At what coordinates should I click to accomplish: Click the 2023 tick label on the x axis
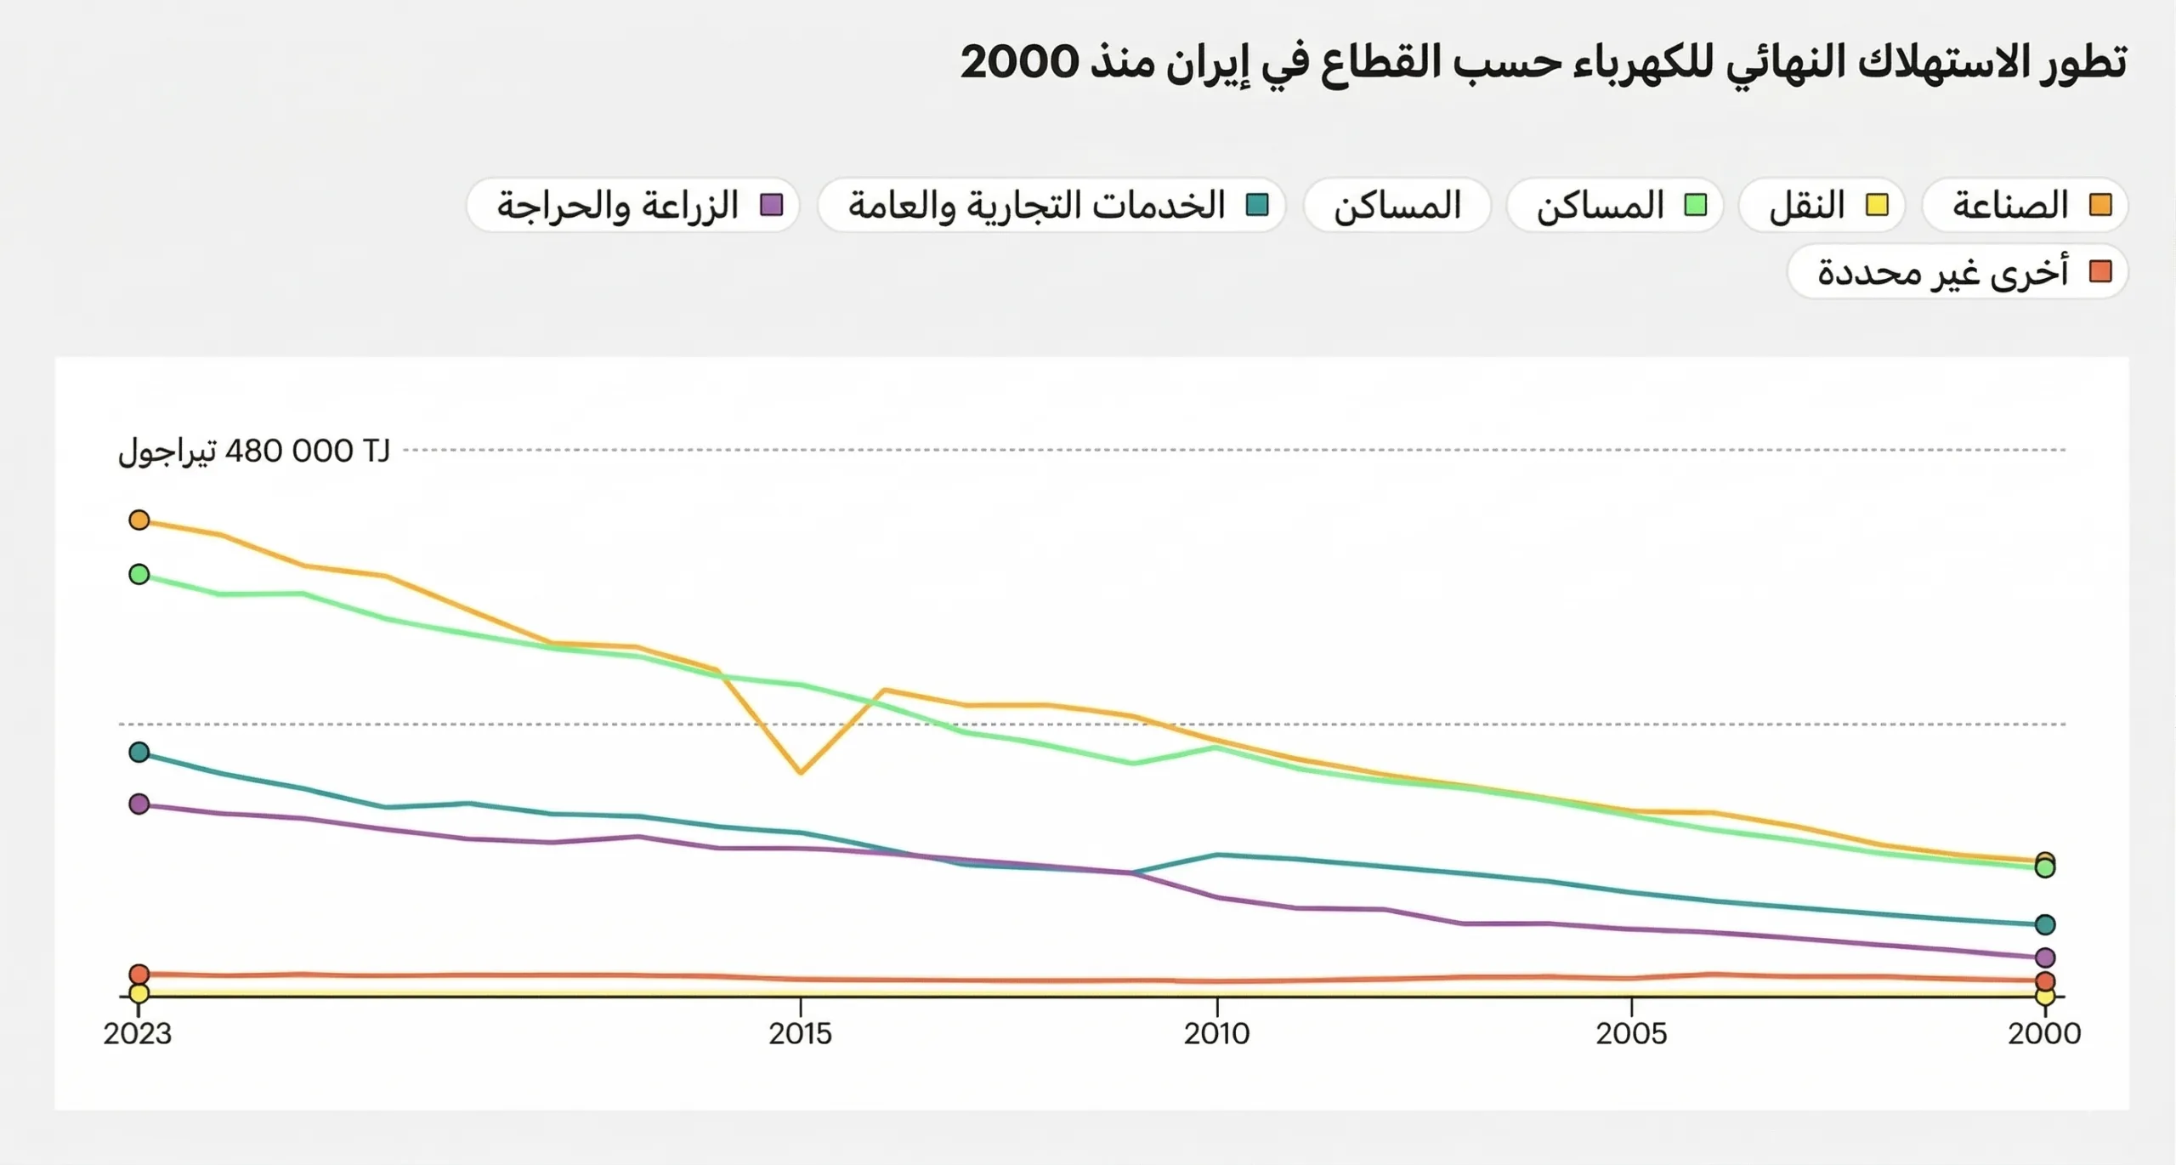tap(138, 1033)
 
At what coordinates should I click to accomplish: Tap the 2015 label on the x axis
tap(800, 1033)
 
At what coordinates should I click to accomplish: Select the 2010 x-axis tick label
tap(1216, 1033)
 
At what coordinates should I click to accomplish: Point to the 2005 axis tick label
tap(1630, 1033)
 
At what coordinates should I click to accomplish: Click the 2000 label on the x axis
tap(2044, 1033)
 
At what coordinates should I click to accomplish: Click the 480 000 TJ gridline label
tap(253, 451)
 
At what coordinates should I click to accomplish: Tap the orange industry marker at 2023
tap(139, 520)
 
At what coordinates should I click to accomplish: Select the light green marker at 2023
tap(139, 575)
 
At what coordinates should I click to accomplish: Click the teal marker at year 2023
tap(139, 753)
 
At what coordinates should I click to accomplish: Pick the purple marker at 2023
tap(139, 804)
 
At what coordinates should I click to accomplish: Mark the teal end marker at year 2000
tap(2045, 924)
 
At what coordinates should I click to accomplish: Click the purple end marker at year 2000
tap(2045, 958)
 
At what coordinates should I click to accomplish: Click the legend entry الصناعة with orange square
tap(2025, 205)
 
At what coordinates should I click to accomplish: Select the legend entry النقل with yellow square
tap(1822, 205)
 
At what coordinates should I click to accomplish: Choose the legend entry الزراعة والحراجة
tap(633, 205)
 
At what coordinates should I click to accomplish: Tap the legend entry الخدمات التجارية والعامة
tap(1051, 205)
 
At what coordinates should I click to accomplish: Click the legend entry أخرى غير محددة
tap(1957, 272)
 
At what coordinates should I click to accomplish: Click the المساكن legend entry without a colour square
tap(1397, 205)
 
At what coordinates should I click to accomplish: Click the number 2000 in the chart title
tap(1019, 62)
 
